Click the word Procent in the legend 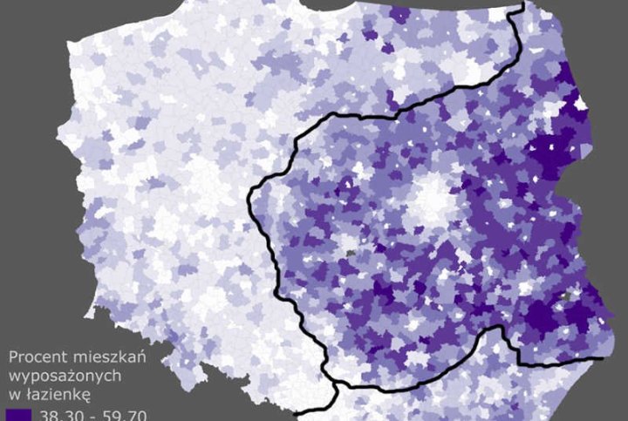point(34,357)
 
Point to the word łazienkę point(55,392)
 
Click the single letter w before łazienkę point(13,392)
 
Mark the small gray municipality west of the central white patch point(351,252)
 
